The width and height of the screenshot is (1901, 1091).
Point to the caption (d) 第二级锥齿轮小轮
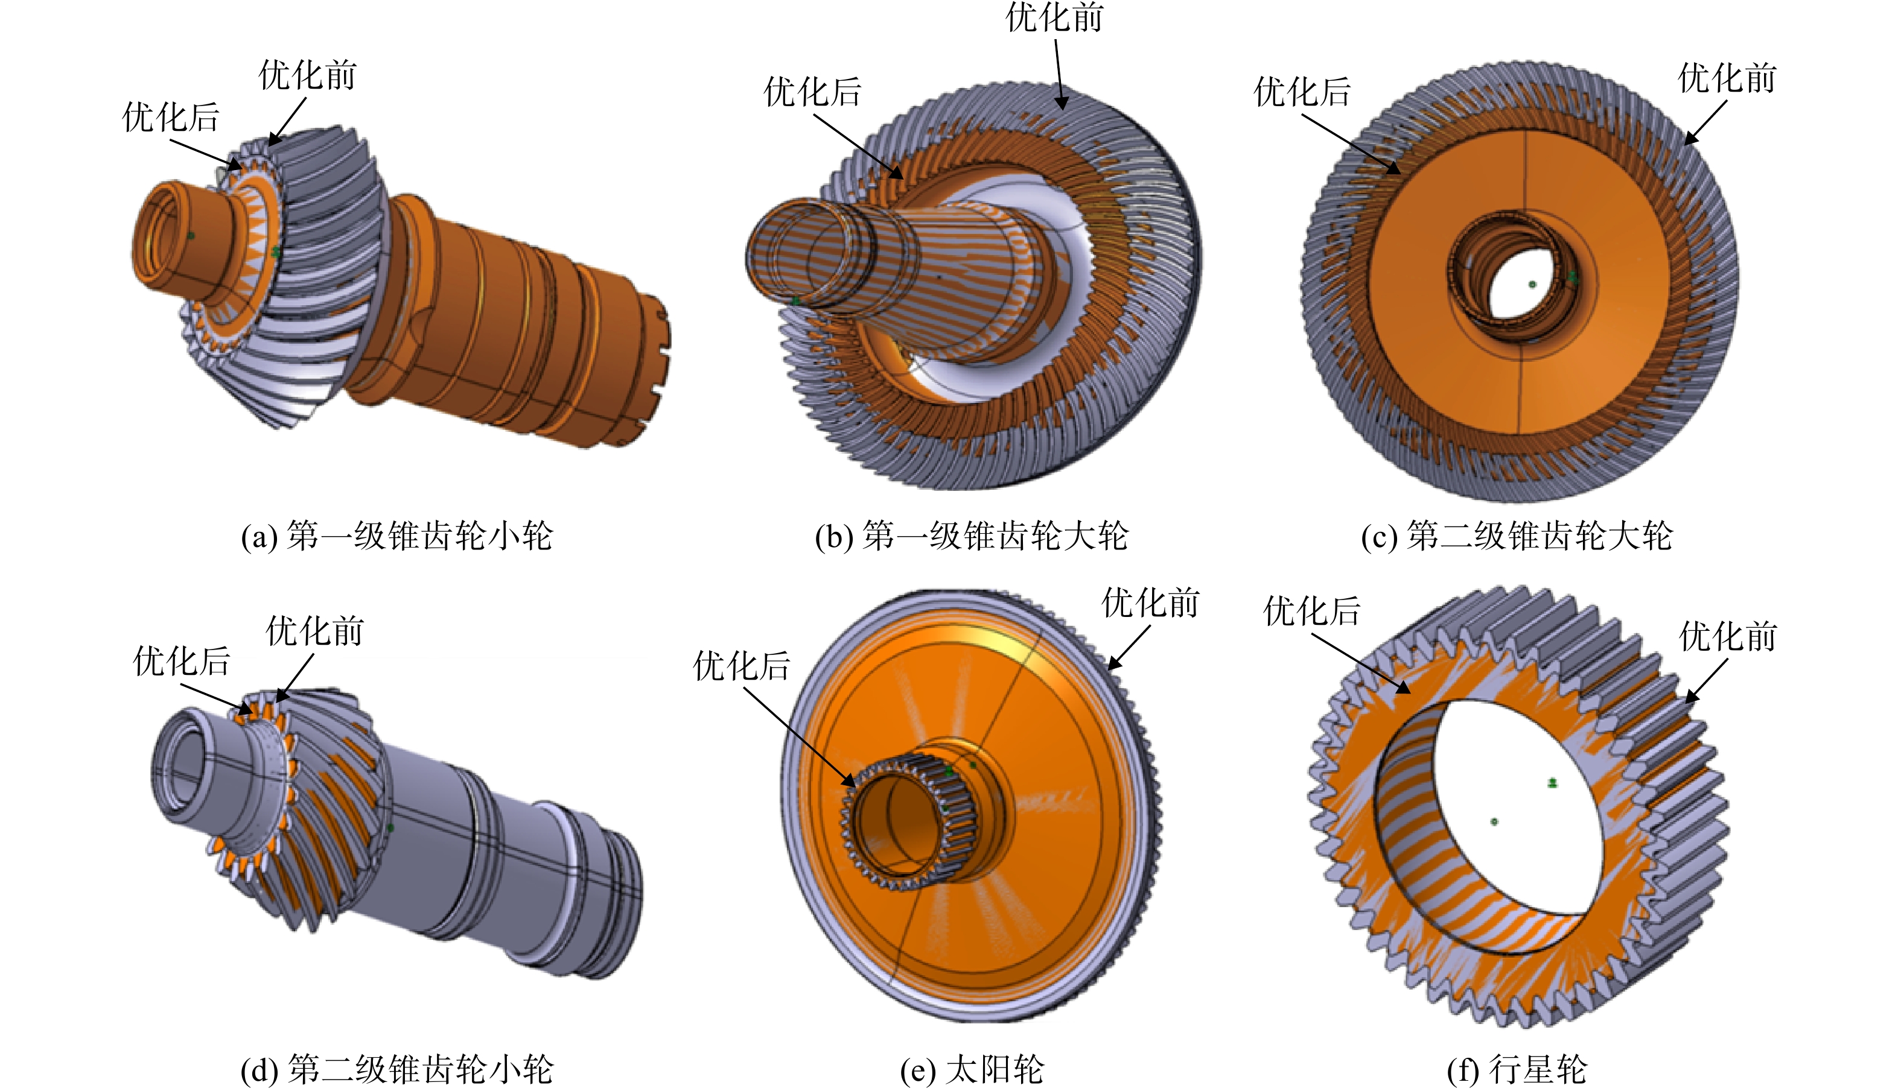click(x=396, y=1069)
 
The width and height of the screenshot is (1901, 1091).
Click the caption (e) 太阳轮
click(x=972, y=1069)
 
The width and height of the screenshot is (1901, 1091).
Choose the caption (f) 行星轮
click(x=1517, y=1069)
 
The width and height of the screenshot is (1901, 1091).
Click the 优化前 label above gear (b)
click(x=1055, y=17)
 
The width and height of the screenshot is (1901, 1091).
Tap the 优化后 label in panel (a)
click(x=171, y=117)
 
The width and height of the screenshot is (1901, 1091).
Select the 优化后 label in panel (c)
click(x=1302, y=92)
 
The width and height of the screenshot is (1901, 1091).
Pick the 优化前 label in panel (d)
click(x=315, y=631)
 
